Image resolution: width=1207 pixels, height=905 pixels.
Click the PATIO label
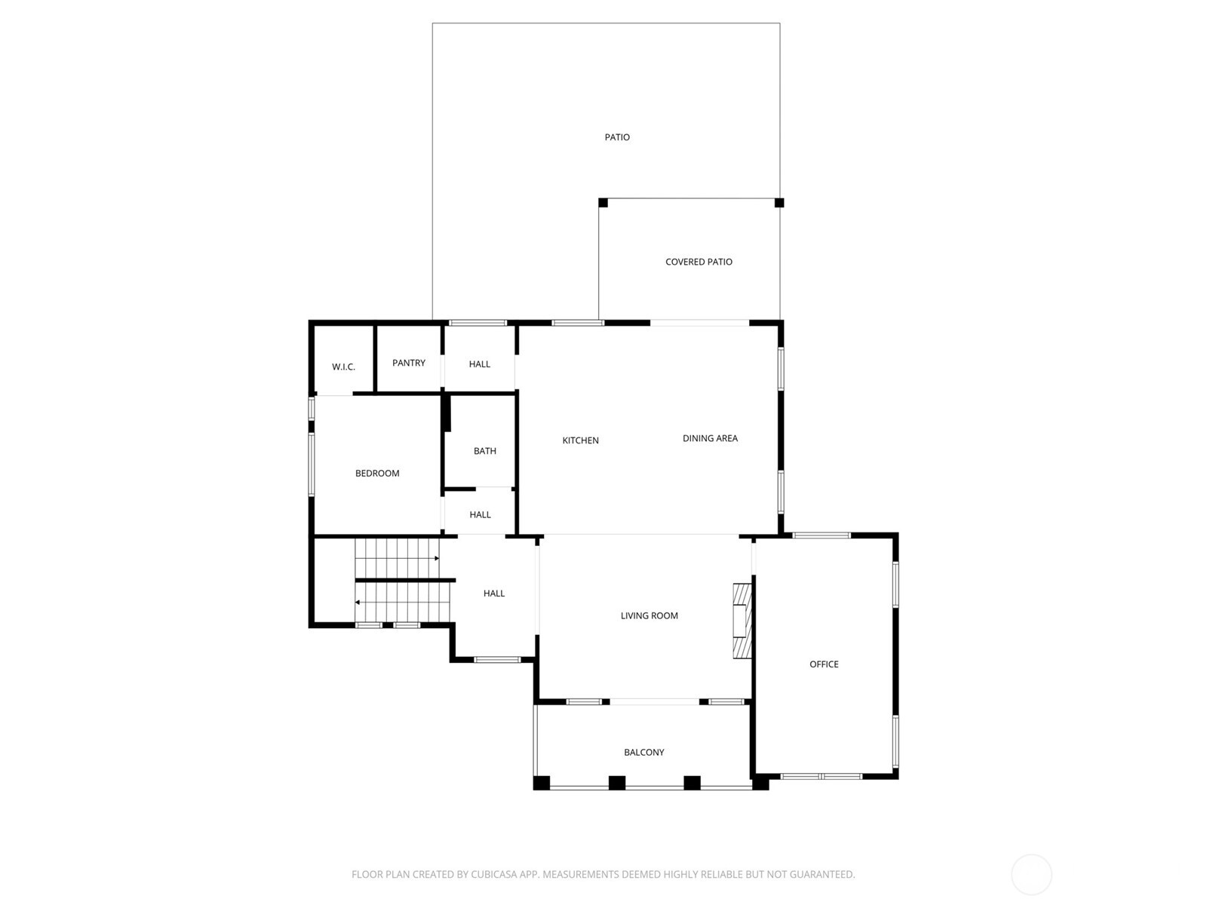click(617, 137)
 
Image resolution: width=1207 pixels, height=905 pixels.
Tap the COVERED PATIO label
click(699, 262)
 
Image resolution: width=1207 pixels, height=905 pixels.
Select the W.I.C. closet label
click(343, 367)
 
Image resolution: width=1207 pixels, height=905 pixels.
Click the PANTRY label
click(409, 363)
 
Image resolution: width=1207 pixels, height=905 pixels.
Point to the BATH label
click(485, 451)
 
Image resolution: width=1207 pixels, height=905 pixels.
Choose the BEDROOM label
click(377, 474)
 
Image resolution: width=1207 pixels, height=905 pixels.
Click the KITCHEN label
click(581, 440)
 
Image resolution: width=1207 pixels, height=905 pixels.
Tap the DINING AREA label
click(710, 438)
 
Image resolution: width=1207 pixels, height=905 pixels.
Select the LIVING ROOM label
click(650, 615)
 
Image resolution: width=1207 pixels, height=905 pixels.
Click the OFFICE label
click(824, 664)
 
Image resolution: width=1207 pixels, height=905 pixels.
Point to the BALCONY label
click(644, 753)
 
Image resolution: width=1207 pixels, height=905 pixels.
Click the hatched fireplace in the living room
click(743, 621)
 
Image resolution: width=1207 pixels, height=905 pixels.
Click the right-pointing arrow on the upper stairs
click(436, 558)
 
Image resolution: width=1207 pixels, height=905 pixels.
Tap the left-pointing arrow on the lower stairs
click(358, 602)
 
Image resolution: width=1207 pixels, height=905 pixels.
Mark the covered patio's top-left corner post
click(603, 202)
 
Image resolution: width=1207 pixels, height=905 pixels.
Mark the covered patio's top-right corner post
click(779, 202)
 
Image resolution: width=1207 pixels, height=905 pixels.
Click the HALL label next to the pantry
click(480, 364)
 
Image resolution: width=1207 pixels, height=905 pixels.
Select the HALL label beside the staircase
click(494, 594)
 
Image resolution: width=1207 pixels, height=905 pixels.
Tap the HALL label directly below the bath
click(481, 515)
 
